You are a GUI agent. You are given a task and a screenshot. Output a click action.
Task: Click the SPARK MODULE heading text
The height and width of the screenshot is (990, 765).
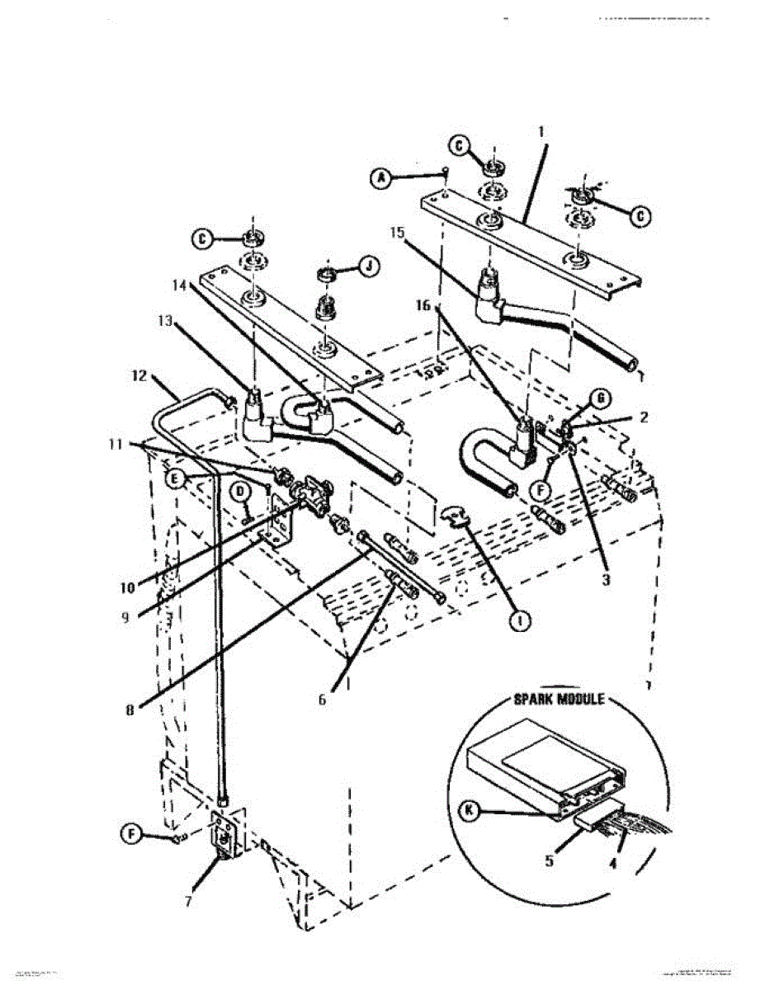(559, 699)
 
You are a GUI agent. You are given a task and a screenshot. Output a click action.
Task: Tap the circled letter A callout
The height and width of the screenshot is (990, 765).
(380, 177)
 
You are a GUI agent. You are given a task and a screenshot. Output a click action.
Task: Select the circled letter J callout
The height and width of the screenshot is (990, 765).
(367, 266)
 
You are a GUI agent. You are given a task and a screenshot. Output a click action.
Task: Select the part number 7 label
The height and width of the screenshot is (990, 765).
(188, 901)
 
